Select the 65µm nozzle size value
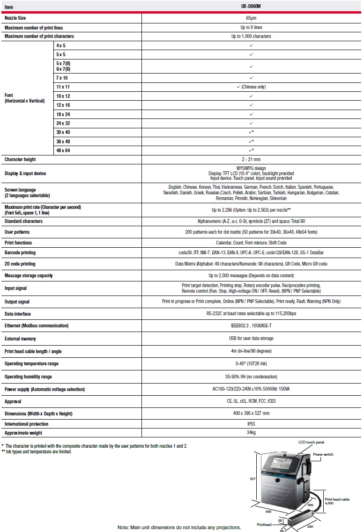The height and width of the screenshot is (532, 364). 251,18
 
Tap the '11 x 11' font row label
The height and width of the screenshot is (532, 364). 63,87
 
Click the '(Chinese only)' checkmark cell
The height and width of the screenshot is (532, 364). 251,87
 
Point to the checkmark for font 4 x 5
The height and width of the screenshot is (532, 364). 251,45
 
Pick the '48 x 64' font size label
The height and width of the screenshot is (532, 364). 63,150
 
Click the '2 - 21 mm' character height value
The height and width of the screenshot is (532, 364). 251,159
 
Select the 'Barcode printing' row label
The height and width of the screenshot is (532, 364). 20,253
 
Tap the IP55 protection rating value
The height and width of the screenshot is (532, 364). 251,424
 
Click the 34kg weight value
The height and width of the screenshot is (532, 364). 251,433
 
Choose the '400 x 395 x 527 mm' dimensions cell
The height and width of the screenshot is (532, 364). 251,414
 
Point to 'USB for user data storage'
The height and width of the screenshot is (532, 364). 251,338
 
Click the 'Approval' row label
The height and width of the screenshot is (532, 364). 13,401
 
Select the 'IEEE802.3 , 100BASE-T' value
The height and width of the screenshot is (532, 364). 251,325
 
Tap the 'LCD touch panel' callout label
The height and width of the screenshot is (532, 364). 311,442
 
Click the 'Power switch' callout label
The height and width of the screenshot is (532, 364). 323,454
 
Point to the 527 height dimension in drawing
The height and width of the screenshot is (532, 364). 253,479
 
